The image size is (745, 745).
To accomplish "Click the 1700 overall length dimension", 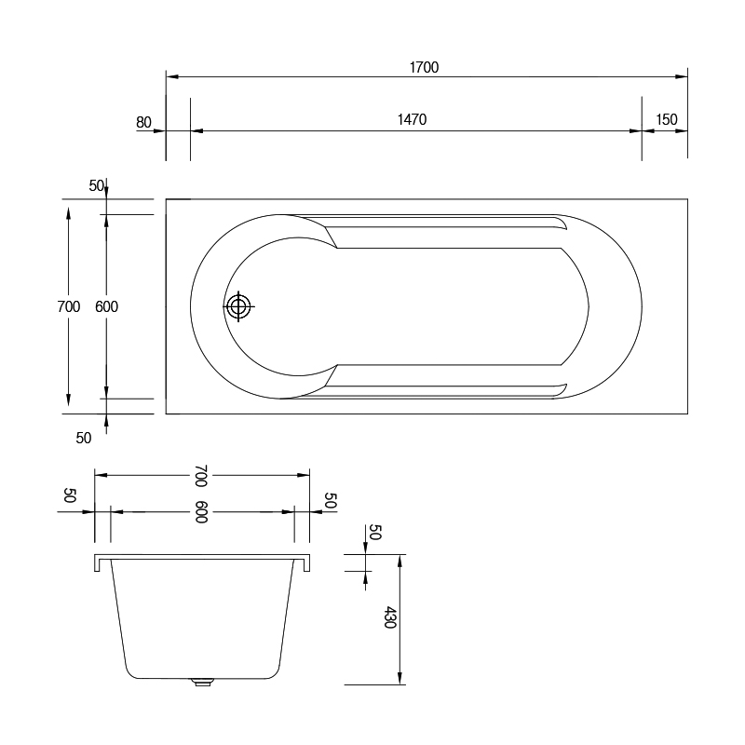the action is pyautogui.click(x=424, y=67).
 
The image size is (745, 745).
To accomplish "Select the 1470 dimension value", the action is pyautogui.click(x=412, y=119).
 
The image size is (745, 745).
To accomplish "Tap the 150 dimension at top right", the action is pyautogui.click(x=667, y=119).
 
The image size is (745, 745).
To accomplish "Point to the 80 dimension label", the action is pyautogui.click(x=143, y=123).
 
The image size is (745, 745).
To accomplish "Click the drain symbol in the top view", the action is pyautogui.click(x=238, y=306).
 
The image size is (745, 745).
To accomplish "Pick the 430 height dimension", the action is pyautogui.click(x=389, y=616).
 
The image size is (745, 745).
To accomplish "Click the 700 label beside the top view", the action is pyautogui.click(x=68, y=306).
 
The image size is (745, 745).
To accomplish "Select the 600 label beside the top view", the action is pyautogui.click(x=106, y=306).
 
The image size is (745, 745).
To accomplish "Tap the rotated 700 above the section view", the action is pyautogui.click(x=201, y=476).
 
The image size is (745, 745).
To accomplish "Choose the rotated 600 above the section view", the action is pyautogui.click(x=201, y=511).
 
